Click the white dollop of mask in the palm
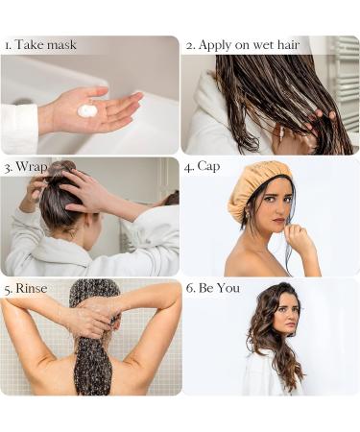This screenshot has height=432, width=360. point(87,110)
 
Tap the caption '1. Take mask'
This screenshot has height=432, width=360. point(40,45)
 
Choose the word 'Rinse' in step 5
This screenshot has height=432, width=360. point(32,288)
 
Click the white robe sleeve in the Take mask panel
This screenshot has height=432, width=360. point(19,128)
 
